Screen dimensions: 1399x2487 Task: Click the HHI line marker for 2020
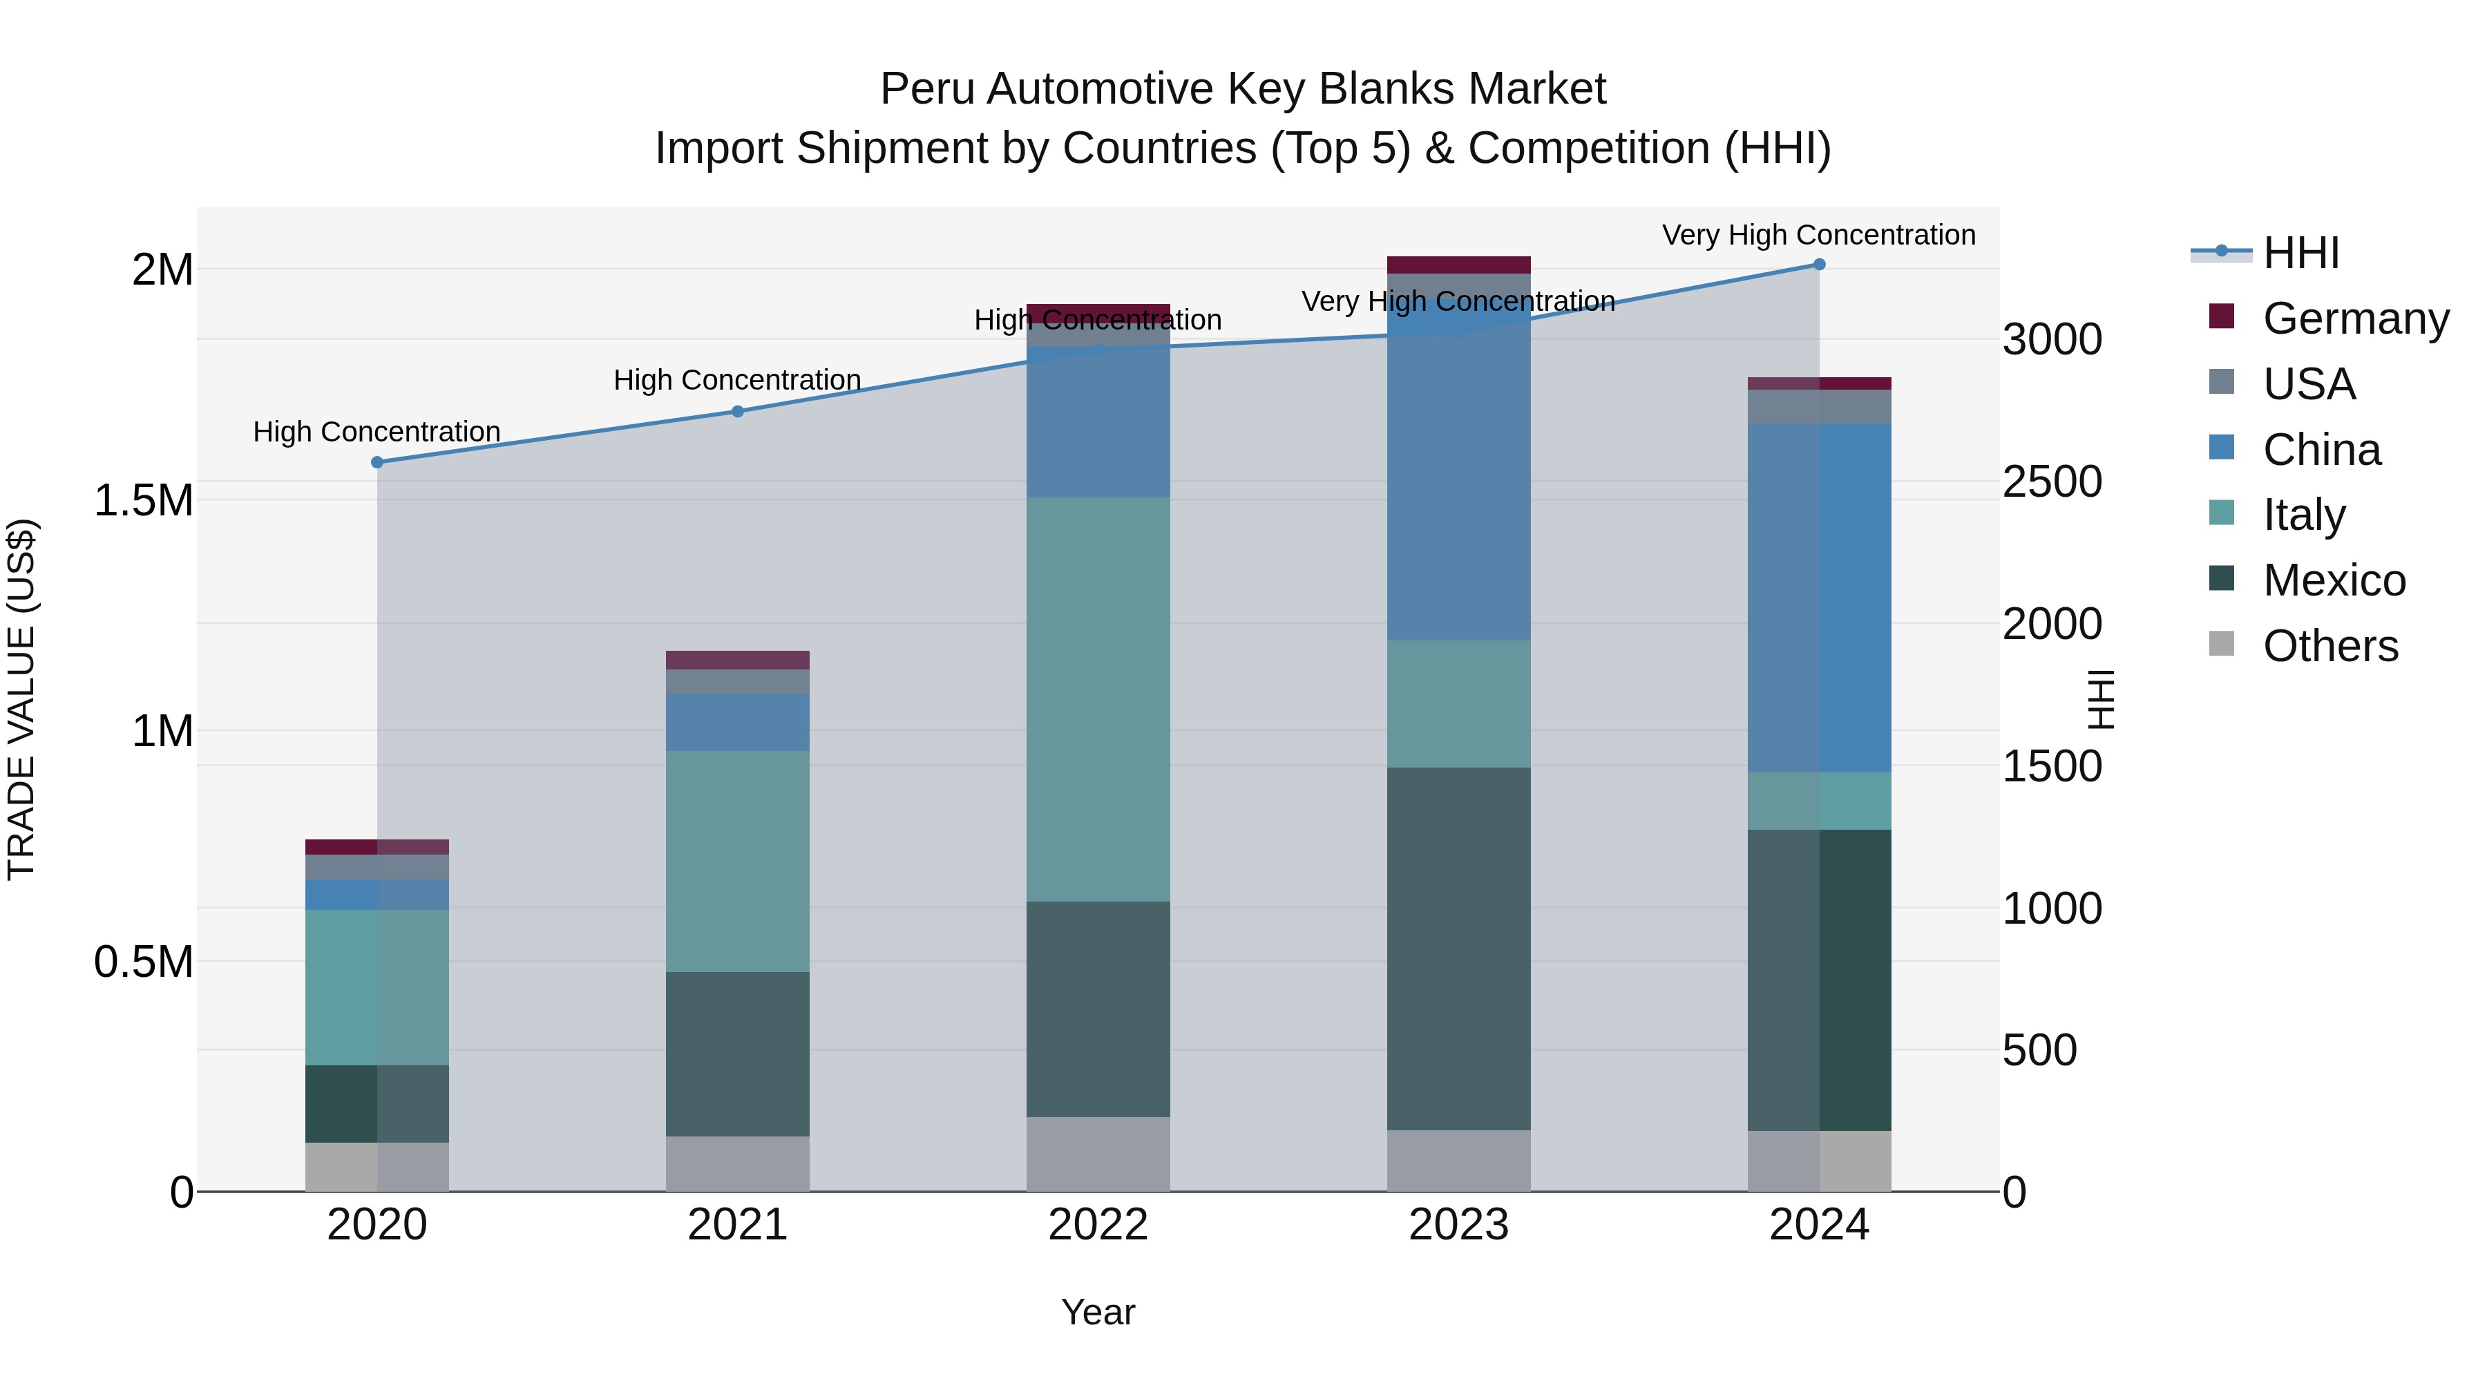[377, 462]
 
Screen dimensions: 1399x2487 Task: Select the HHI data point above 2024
[1819, 264]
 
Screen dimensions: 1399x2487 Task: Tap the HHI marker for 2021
[738, 411]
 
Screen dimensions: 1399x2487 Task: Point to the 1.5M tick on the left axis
[143, 500]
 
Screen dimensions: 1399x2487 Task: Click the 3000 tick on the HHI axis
[2052, 340]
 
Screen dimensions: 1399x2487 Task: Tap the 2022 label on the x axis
[1098, 1225]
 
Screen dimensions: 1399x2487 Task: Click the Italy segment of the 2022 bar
[1098, 699]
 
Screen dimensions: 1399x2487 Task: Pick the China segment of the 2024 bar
[1819, 597]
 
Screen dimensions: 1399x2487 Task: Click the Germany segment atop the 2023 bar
[1459, 265]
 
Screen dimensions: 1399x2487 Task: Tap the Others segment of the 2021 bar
[738, 1163]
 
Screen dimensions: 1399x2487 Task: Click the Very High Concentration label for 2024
[1819, 235]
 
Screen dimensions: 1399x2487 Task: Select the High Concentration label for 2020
[377, 432]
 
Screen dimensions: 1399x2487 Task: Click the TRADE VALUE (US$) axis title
[21, 699]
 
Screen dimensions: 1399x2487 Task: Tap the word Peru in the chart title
[928, 89]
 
